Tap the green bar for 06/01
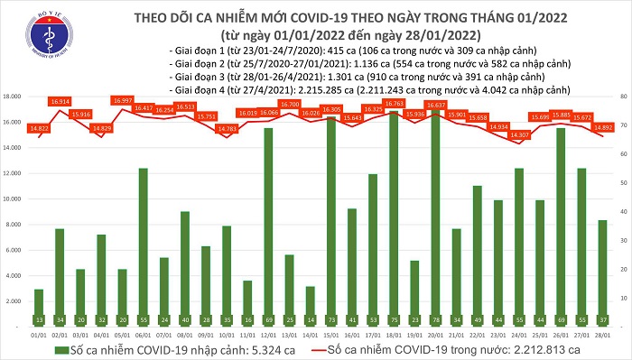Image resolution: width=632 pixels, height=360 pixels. [x=143, y=244]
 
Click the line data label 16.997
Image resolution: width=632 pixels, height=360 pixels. [x=122, y=100]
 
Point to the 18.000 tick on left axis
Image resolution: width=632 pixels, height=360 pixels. [x=12, y=96]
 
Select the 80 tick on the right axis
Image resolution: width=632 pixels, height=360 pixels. [x=624, y=96]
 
